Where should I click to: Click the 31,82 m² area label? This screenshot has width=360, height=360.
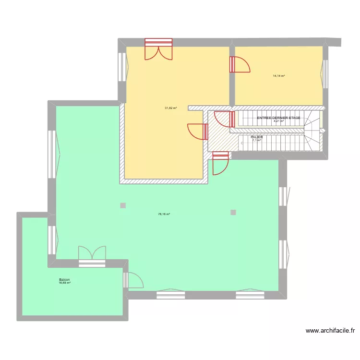pyautogui.click(x=171, y=108)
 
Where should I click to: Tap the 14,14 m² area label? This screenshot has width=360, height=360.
pyautogui.click(x=279, y=76)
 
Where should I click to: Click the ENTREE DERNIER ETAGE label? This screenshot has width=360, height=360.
pyautogui.click(x=278, y=118)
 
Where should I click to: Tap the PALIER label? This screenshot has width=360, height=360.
pyautogui.click(x=256, y=137)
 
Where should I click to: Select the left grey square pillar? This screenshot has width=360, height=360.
pyautogui.click(x=123, y=206)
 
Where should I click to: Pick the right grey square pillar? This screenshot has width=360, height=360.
pyautogui.click(x=233, y=212)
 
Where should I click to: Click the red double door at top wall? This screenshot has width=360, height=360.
pyautogui.click(x=158, y=49)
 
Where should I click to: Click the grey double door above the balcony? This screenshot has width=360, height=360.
pyautogui.click(x=91, y=255)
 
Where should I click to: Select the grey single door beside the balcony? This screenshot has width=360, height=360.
pyautogui.click(x=132, y=280)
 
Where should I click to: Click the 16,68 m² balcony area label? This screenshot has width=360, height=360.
pyautogui.click(x=64, y=283)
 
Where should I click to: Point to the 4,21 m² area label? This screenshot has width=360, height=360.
pyautogui.click(x=278, y=121)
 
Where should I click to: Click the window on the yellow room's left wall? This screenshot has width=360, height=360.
pyautogui.click(x=123, y=68)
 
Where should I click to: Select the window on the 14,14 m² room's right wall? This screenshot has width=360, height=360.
pyautogui.click(x=323, y=70)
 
